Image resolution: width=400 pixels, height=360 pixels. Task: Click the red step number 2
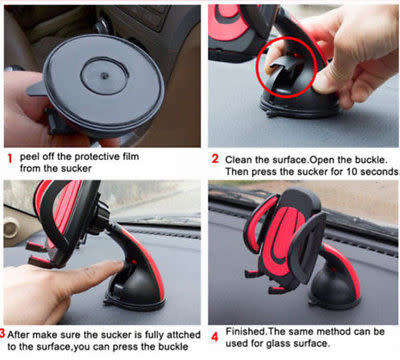(x=213, y=158)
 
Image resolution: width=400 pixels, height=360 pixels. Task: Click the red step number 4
(x=213, y=333)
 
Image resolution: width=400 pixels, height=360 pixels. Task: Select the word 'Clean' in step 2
(x=240, y=157)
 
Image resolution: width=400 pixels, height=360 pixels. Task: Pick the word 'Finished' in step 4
(x=249, y=332)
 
